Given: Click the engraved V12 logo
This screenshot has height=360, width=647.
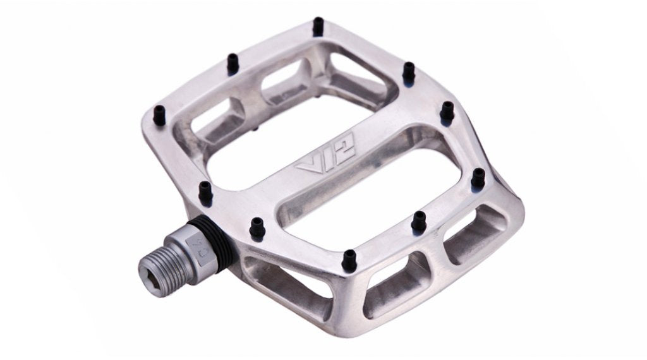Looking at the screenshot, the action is [x=325, y=156].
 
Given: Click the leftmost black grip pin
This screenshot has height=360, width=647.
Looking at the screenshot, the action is [x=159, y=115].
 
